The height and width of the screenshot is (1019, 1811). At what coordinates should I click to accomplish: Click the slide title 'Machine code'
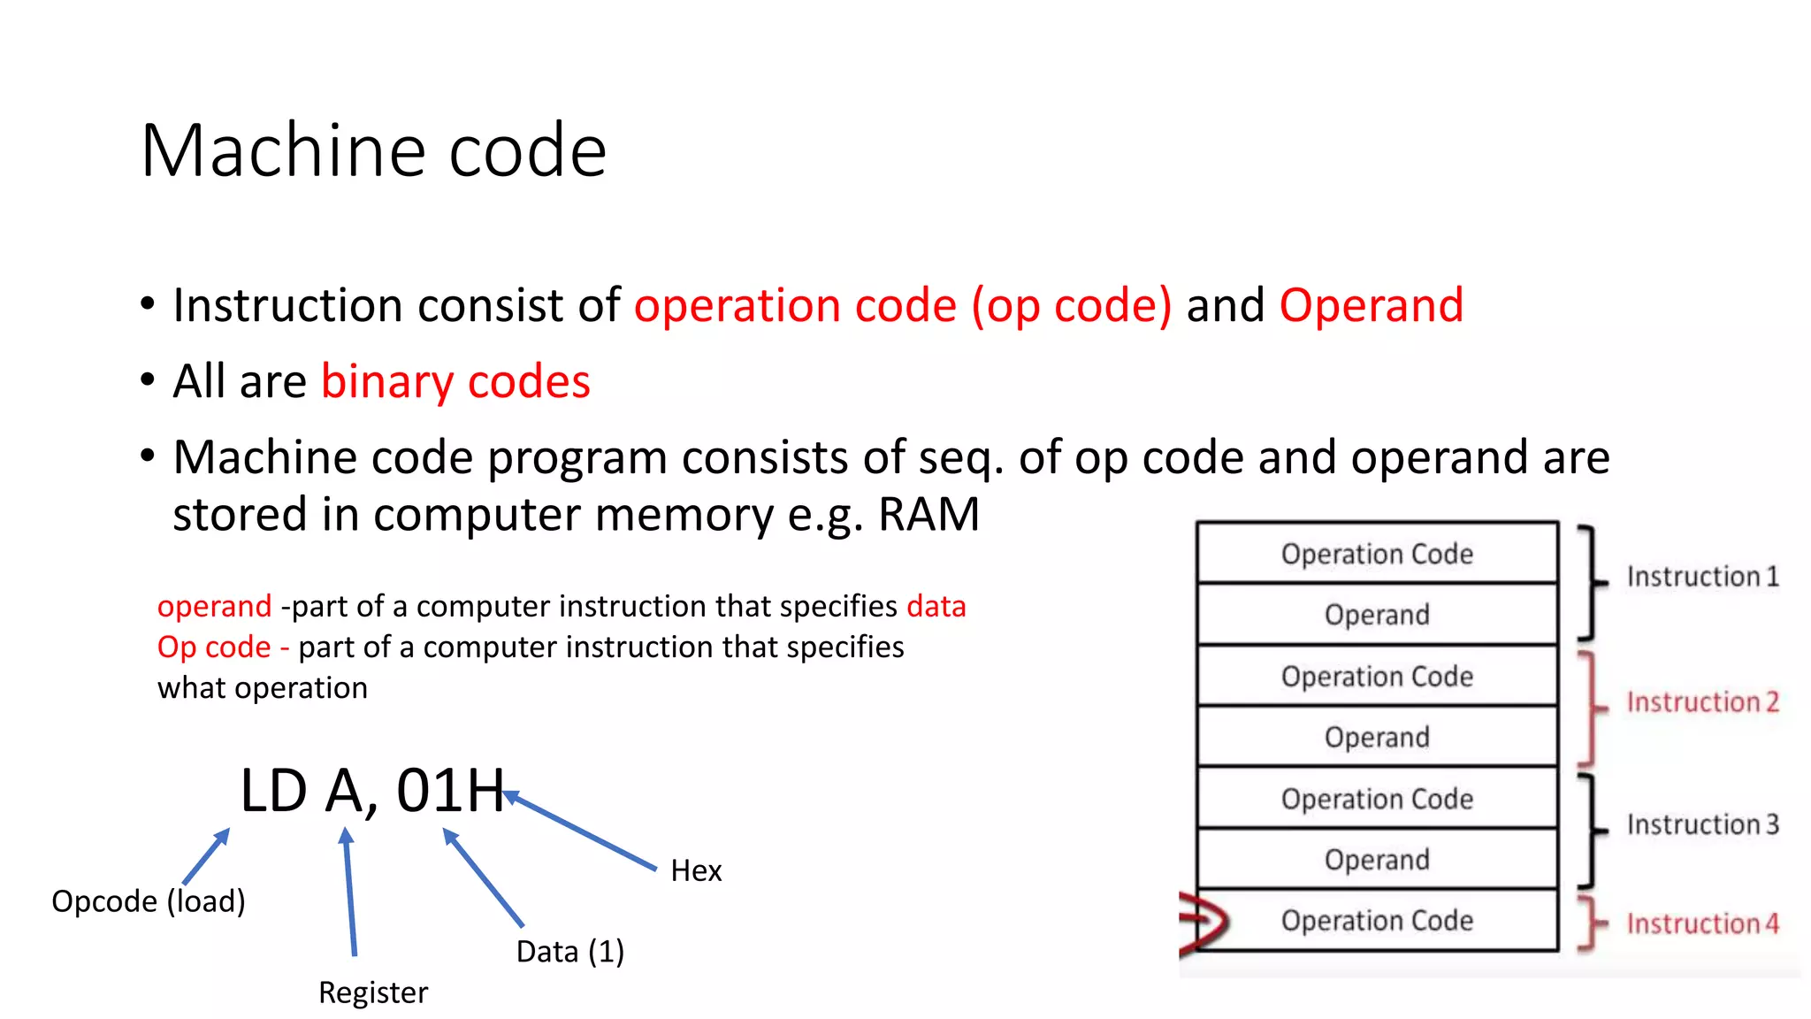[x=373, y=150]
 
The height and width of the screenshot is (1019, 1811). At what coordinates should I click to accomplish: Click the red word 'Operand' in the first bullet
[x=1371, y=305]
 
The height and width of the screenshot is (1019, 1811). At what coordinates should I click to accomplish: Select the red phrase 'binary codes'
[x=455, y=381]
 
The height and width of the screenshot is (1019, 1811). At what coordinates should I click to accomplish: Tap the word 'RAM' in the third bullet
[x=928, y=514]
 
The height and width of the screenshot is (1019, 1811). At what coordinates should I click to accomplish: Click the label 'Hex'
[x=696, y=870]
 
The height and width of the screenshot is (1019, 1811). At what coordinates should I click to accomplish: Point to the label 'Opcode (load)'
[x=148, y=901]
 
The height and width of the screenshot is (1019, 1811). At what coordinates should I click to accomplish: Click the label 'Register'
[x=372, y=992]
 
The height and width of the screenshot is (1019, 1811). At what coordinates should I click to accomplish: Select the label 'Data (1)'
[x=569, y=952]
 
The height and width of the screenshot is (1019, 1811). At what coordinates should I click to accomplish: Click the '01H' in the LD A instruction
[x=449, y=790]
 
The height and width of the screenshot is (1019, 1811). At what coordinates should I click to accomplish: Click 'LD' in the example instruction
[x=273, y=790]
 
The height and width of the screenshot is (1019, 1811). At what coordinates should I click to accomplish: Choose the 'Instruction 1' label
[x=1702, y=577]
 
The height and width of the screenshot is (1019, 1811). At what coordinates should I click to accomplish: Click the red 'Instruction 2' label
[x=1702, y=702]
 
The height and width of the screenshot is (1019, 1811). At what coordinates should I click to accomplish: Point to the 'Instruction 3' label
[x=1702, y=824]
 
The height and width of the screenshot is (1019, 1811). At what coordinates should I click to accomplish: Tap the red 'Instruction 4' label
[x=1702, y=923]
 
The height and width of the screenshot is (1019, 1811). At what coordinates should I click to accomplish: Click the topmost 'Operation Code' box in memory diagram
[x=1377, y=554]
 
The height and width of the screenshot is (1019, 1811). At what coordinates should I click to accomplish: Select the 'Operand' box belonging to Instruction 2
[x=1377, y=737]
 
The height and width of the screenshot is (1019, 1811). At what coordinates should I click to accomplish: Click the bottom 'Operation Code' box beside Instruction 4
[x=1377, y=921]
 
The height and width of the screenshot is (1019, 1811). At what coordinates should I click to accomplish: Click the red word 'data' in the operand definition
[x=936, y=607]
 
